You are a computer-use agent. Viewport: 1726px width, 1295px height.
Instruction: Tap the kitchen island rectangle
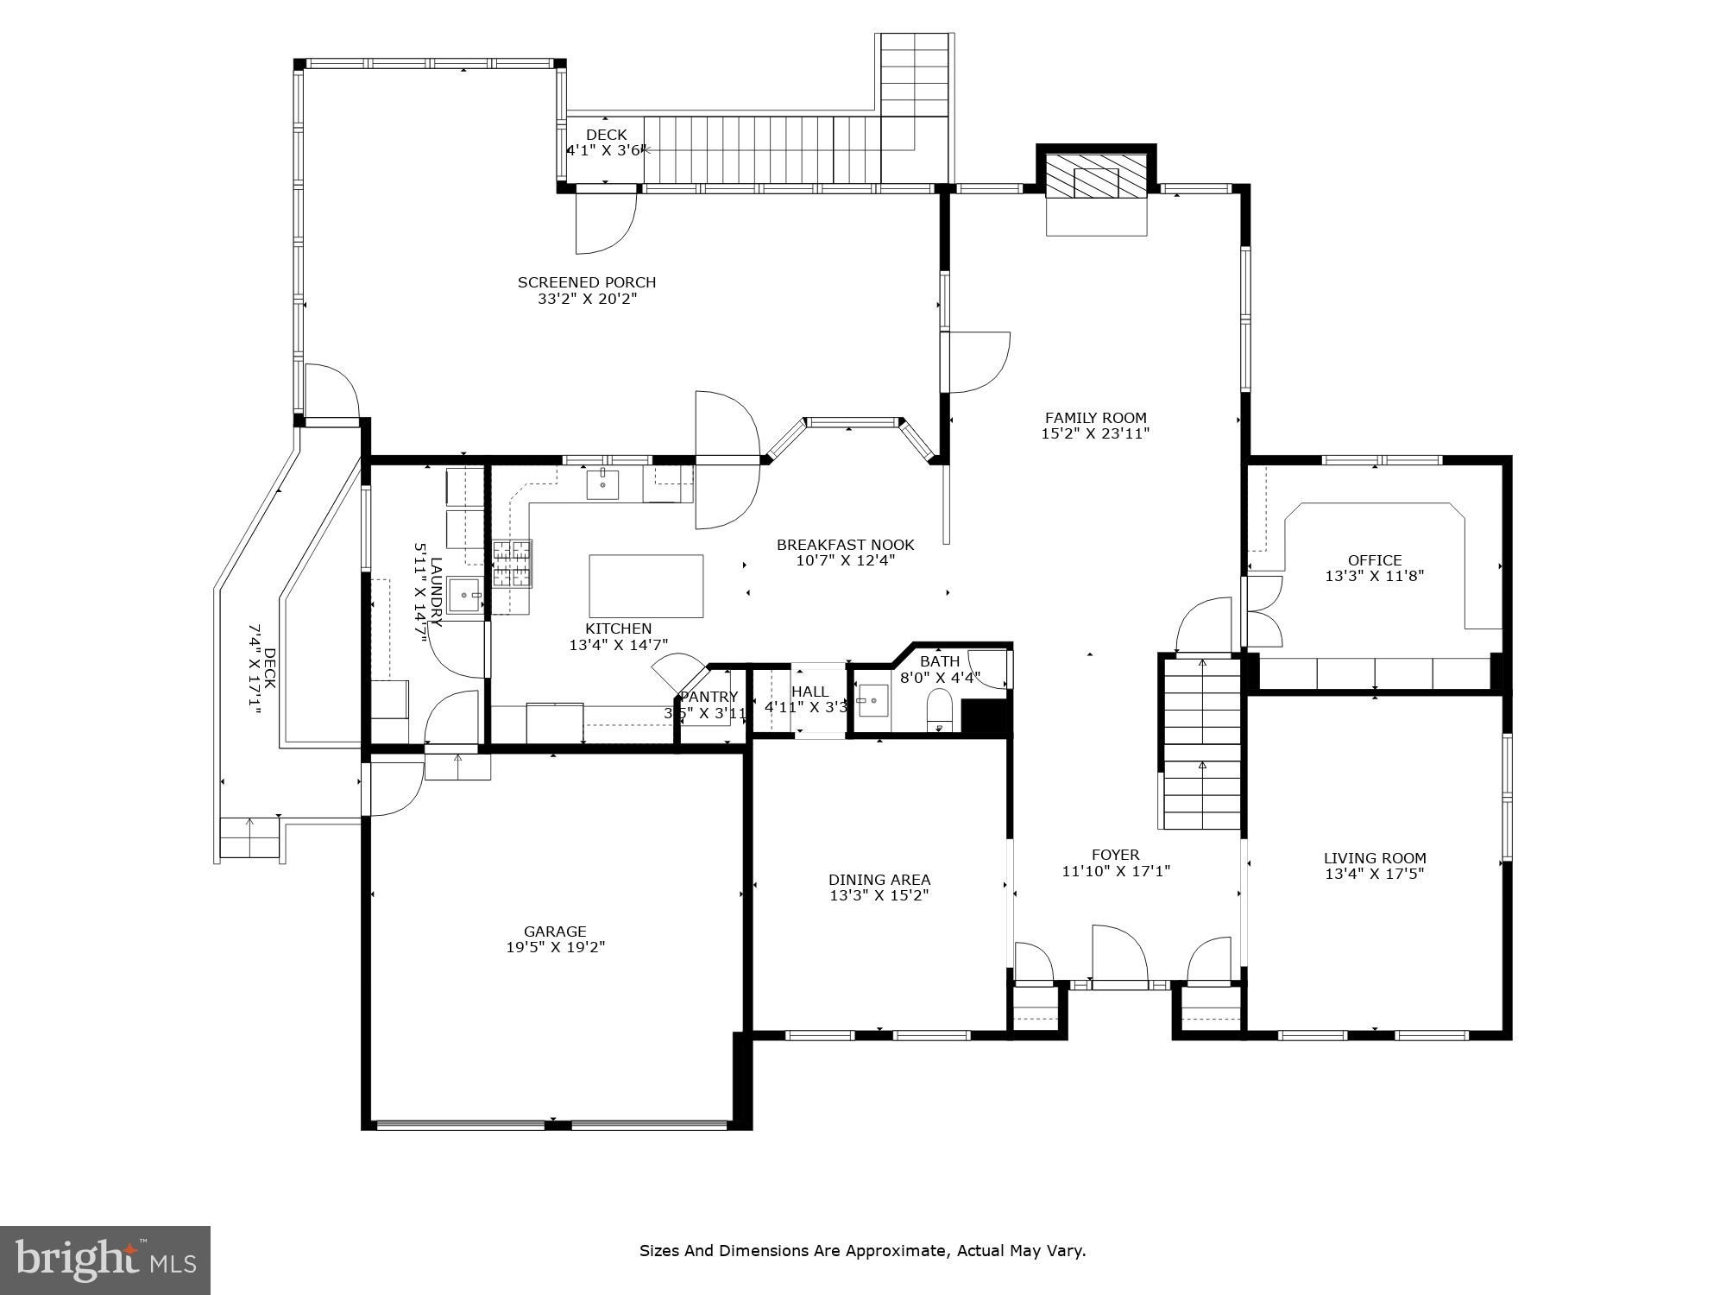646,586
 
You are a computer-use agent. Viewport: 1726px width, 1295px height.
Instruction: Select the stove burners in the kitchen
512,564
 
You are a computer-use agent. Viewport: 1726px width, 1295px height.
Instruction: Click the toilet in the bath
938,711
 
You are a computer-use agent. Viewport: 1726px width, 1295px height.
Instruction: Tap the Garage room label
555,932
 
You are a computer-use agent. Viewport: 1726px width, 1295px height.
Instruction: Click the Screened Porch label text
587,282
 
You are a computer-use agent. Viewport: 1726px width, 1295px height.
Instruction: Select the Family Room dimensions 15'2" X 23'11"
1095,434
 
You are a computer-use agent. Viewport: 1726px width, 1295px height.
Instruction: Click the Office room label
1375,560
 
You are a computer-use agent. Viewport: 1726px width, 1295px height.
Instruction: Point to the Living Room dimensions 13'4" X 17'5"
1374,874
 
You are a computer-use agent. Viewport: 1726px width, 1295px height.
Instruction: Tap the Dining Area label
879,881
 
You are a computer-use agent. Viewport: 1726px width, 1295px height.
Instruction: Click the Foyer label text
1115,856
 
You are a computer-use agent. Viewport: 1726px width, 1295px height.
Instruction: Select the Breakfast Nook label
845,545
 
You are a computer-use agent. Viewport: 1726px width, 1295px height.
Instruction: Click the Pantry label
709,698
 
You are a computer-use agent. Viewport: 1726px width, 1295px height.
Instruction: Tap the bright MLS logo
105,1260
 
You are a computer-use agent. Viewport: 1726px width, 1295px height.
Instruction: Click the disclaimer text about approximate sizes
862,1250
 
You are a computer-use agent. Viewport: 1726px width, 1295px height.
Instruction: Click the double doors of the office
1262,611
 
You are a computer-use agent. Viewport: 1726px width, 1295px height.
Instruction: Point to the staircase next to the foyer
1201,742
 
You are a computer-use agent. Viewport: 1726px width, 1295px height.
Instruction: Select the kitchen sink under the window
602,486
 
